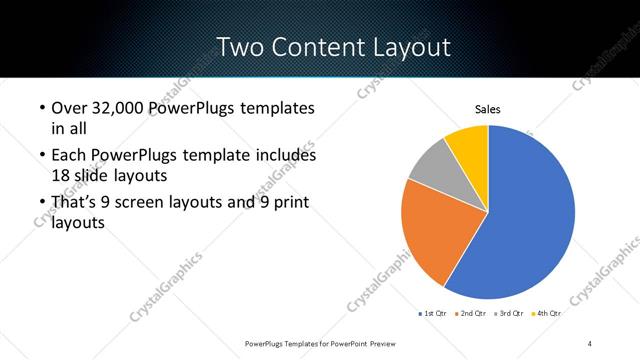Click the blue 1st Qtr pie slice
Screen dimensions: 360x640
(x=530, y=215)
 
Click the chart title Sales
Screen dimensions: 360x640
(x=487, y=109)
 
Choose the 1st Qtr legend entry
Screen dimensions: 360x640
(x=436, y=313)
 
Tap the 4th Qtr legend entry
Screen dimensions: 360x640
(x=546, y=313)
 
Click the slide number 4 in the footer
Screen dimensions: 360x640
(x=590, y=343)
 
